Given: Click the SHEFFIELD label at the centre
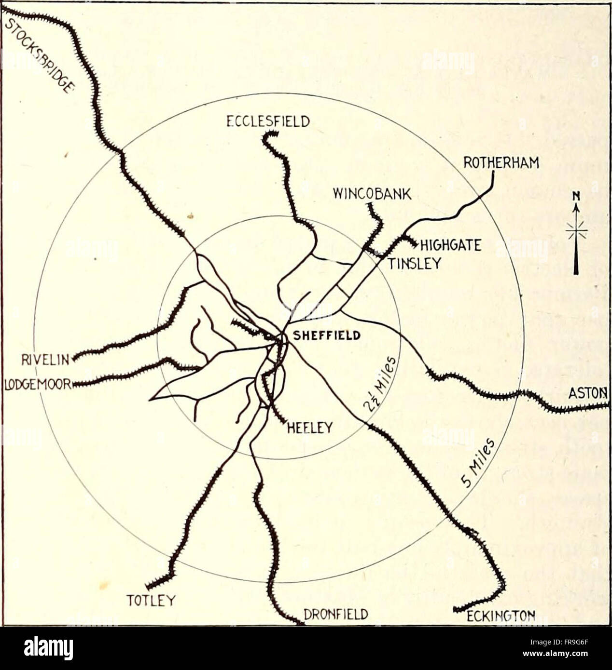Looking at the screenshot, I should tap(327, 335).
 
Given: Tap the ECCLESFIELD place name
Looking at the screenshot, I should tap(268, 121).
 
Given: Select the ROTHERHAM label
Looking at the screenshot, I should tap(501, 163).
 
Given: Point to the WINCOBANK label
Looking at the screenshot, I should tap(372, 194).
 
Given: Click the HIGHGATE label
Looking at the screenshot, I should tap(451, 246).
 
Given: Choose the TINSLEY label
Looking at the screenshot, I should tap(414, 263).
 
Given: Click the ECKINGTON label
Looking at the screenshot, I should tap(501, 616).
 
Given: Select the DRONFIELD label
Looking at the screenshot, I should tap(336, 615).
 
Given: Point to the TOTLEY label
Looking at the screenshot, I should tap(150, 600).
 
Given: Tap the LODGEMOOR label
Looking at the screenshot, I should tap(38, 384).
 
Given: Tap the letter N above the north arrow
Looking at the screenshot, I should tap(575, 196).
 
